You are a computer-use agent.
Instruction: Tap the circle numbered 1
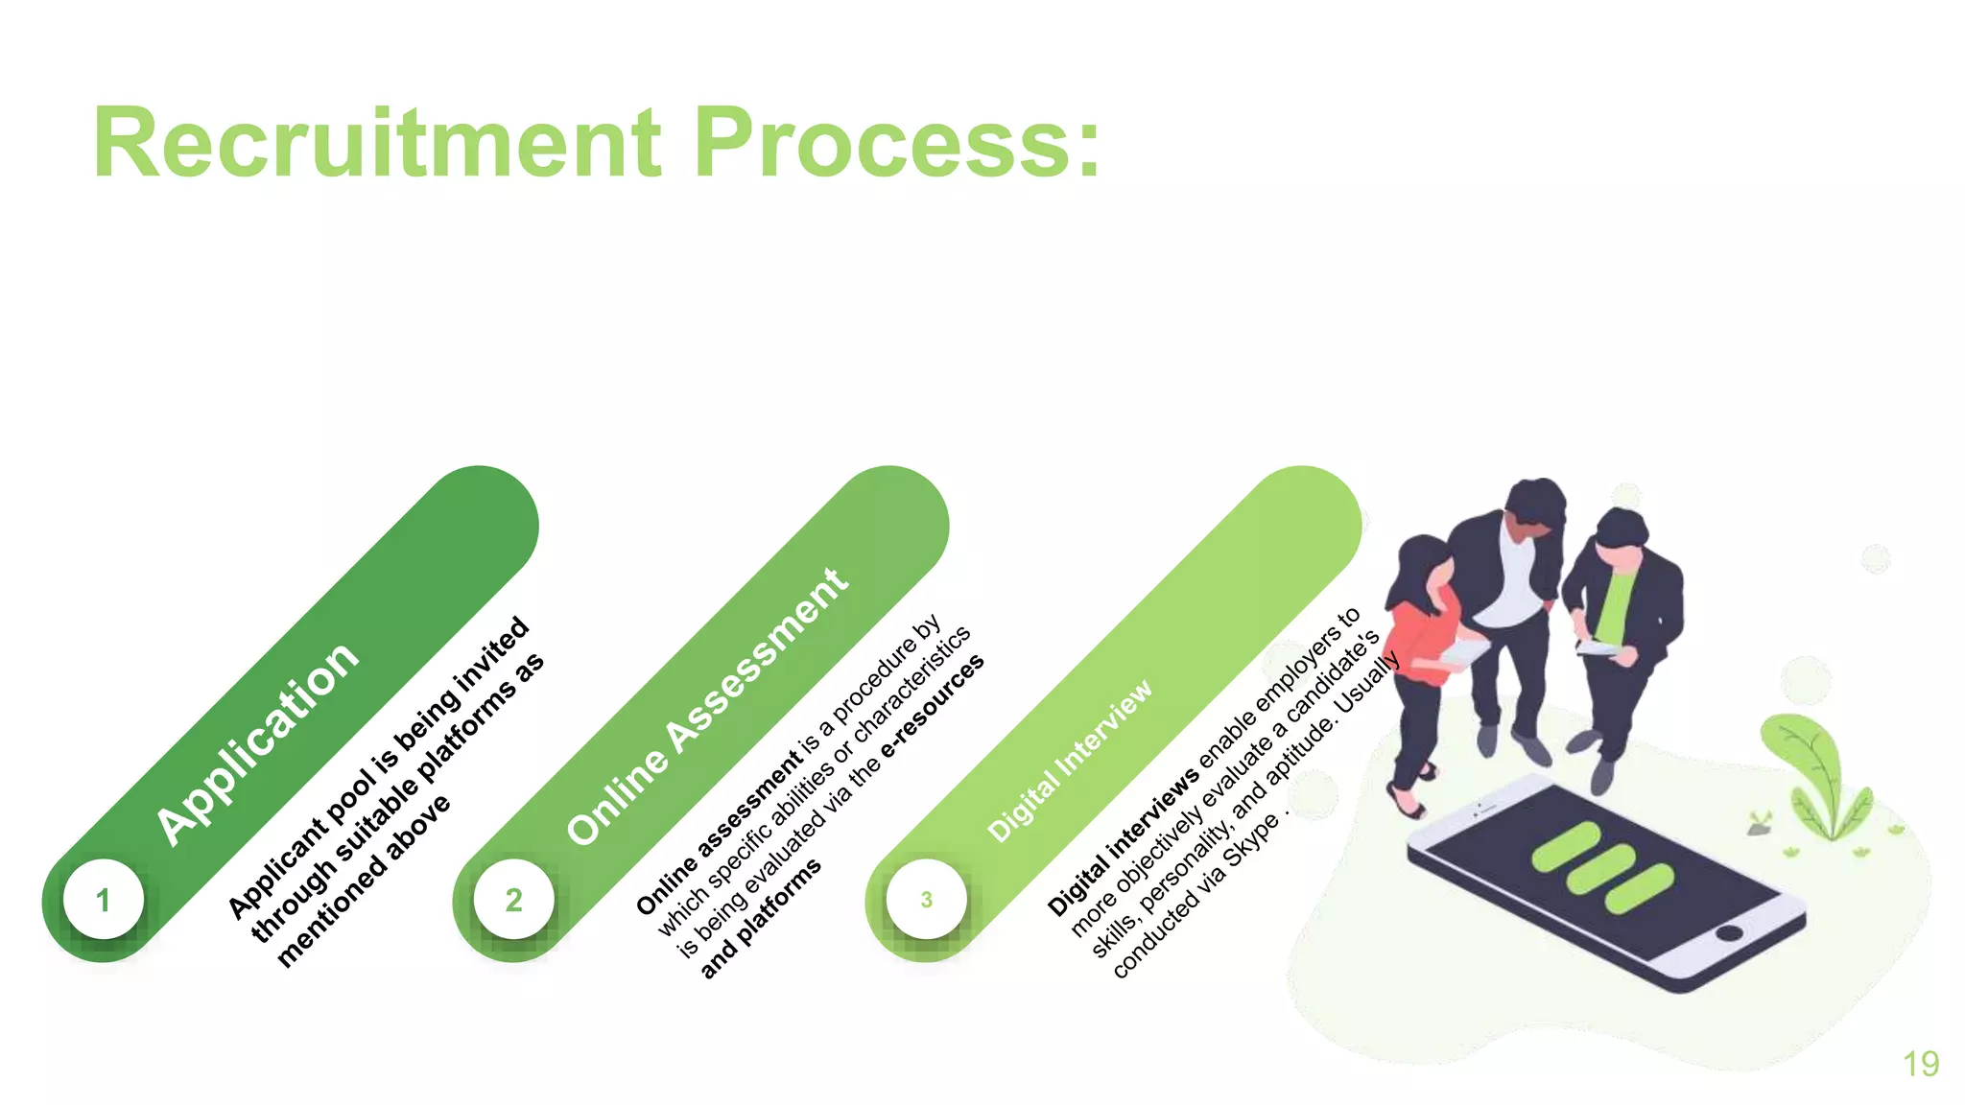coord(104,900)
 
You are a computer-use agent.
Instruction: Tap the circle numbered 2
coord(514,900)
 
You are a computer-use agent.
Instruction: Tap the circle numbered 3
coord(926,900)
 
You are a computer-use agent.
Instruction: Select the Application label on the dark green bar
coord(257,743)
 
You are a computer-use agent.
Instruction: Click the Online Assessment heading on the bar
coord(707,707)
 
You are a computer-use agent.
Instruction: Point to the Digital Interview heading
coord(1070,762)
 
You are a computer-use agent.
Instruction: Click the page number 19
coord(1921,1064)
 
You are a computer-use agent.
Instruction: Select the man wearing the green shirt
coord(1622,623)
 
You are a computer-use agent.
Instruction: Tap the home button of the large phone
coord(1729,932)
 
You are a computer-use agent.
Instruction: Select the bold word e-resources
coord(933,706)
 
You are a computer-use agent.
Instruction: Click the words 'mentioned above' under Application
coord(363,881)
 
